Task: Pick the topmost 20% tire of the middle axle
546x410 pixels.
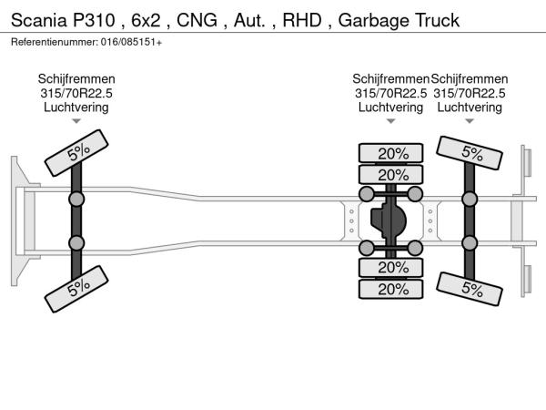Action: point(392,153)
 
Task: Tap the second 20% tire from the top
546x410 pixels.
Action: point(392,174)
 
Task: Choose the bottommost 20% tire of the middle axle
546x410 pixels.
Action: point(392,288)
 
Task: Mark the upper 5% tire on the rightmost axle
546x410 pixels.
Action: point(470,152)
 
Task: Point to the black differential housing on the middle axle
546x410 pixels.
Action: point(391,220)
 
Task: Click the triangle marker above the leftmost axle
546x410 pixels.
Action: point(76,120)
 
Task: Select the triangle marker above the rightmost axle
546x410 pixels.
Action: point(470,120)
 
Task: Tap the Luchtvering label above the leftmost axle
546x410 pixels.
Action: point(76,107)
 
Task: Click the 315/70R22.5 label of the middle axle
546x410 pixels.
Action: point(391,93)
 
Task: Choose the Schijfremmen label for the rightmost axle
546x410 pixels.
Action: point(470,79)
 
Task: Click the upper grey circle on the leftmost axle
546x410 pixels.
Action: point(77,198)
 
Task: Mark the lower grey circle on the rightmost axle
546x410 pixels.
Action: point(470,242)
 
